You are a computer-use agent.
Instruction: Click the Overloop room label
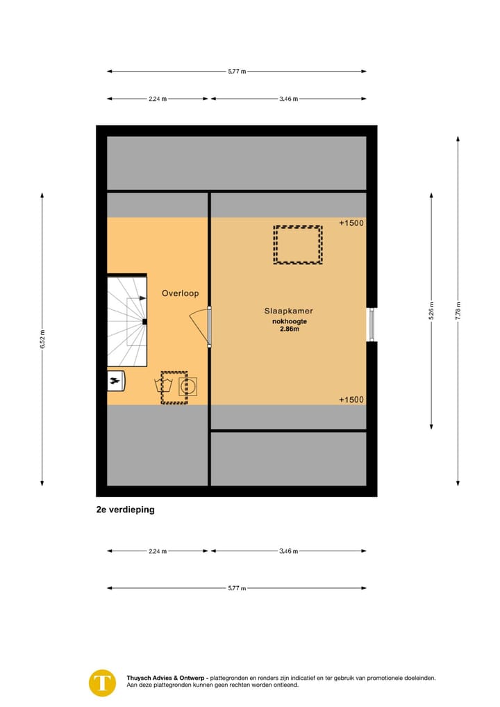click(x=180, y=293)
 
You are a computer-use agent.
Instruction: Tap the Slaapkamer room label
click(x=288, y=311)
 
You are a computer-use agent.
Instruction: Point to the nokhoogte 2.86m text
click(x=289, y=325)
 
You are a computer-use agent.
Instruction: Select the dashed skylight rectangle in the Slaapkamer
click(x=298, y=245)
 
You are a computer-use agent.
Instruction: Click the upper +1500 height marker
click(x=351, y=223)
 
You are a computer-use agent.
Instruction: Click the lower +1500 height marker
click(x=351, y=400)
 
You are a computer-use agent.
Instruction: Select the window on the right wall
click(x=372, y=324)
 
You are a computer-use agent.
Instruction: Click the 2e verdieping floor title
click(x=126, y=510)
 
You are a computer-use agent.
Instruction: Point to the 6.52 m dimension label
click(x=42, y=340)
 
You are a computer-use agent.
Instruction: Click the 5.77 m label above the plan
click(x=237, y=71)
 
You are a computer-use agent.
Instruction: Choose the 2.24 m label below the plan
click(x=158, y=551)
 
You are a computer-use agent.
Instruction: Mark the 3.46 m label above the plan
click(x=288, y=99)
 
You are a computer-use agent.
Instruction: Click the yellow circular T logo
click(x=103, y=682)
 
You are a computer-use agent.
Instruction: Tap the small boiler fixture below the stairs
click(x=115, y=380)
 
